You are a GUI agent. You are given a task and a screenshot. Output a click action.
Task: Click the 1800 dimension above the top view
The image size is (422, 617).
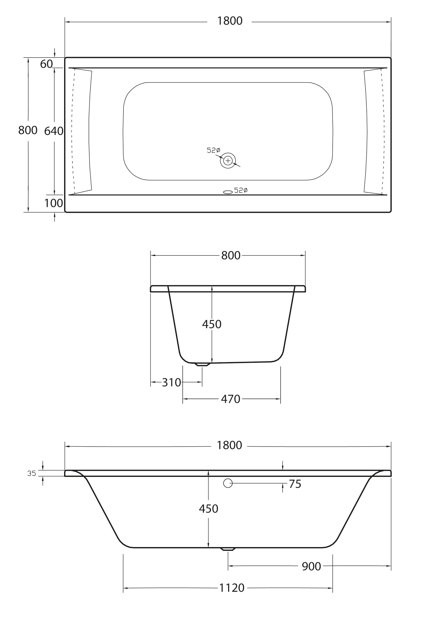tap(230, 21)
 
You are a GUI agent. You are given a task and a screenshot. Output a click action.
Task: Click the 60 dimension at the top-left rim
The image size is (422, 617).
tap(46, 64)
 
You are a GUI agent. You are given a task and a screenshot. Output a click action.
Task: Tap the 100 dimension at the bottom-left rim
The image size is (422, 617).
tap(53, 203)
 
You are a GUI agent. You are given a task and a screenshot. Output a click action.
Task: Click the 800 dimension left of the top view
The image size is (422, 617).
tap(28, 130)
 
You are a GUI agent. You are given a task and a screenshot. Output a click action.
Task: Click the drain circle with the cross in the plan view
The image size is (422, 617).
tap(228, 161)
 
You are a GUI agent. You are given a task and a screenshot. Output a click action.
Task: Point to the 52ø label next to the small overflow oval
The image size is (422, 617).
tap(241, 190)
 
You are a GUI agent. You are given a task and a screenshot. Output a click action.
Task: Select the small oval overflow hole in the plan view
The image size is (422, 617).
tap(228, 192)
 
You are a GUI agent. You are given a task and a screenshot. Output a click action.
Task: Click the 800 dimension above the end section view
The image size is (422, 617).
tap(231, 255)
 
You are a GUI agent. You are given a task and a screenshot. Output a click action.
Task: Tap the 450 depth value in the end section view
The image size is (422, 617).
tap(212, 324)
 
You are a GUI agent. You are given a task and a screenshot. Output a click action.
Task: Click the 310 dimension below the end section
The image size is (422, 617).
tap(171, 382)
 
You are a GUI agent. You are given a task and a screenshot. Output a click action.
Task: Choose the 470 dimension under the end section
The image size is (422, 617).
tap(230, 399)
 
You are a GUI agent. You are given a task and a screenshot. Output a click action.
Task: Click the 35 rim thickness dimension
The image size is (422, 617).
tap(31, 473)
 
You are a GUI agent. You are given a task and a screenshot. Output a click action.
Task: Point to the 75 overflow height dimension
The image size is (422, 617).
tap(295, 484)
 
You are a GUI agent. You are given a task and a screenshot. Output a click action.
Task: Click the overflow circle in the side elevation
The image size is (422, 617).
tap(228, 483)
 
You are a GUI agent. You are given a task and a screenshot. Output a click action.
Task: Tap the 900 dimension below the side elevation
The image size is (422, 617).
tap(311, 567)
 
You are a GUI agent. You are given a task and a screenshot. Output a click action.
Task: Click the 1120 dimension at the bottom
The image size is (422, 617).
tap(231, 588)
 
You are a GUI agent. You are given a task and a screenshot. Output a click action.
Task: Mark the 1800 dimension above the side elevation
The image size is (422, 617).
tap(229, 445)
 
